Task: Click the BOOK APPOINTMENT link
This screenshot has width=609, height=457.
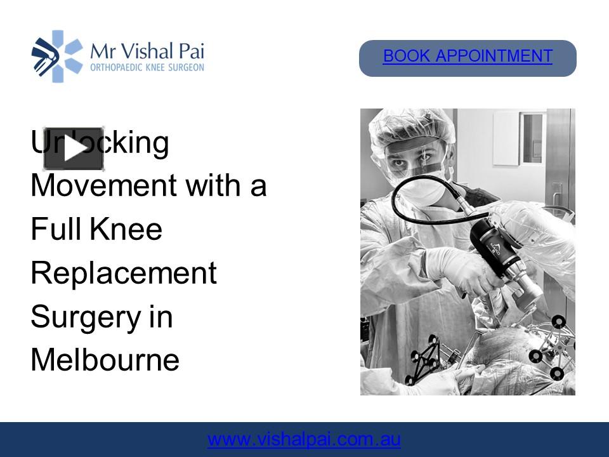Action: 468,56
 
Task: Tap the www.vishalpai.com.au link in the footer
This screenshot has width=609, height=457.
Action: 304,440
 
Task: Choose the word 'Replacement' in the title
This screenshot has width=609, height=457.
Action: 124,274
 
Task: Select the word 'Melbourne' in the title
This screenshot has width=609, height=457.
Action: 105,361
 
